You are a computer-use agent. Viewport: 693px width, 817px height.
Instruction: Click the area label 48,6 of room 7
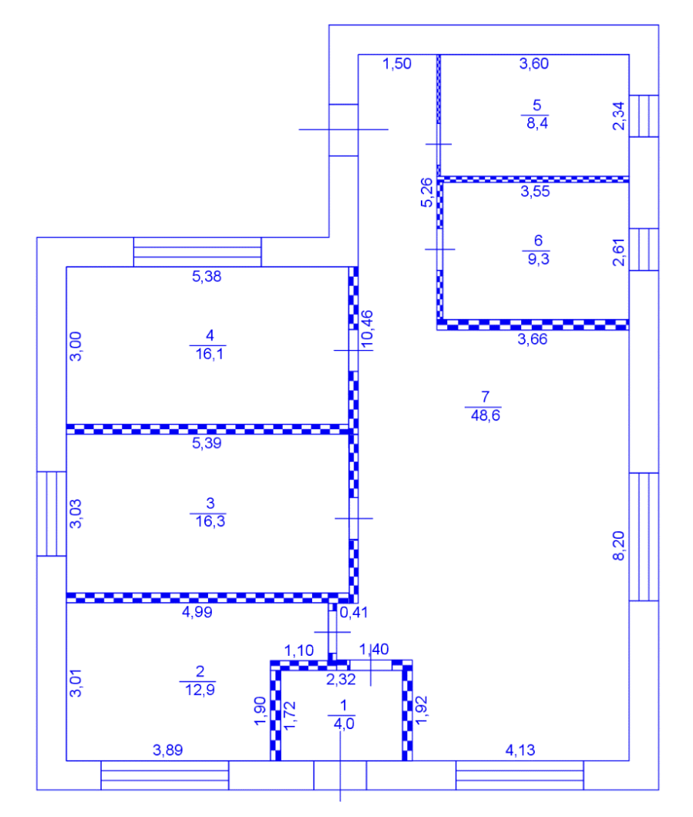pos(485,415)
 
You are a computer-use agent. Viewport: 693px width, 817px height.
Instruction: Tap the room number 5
pos(537,106)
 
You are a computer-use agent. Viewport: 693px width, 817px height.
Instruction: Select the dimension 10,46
pos(367,329)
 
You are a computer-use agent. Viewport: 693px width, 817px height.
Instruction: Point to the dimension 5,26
pos(427,193)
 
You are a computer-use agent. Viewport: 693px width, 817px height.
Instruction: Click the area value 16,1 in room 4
pos(209,355)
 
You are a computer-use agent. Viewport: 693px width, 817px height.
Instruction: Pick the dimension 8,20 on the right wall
pos(618,546)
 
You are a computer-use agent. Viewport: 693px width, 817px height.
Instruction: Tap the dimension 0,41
pos(354,612)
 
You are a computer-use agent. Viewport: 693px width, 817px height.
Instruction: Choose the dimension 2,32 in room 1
pos(341,680)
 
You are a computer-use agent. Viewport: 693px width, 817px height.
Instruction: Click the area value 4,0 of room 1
pos(344,724)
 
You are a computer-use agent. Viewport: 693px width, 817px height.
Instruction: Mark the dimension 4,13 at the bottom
pos(520,750)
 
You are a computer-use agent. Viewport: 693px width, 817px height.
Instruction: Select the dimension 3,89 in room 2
pos(168,750)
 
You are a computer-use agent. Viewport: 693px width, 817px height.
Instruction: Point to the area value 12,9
pos(200,690)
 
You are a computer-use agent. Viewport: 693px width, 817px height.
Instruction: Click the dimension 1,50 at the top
pos(396,63)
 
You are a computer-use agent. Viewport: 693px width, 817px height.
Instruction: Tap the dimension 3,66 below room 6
pos(532,339)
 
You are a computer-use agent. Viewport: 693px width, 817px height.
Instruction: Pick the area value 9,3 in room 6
pos(538,259)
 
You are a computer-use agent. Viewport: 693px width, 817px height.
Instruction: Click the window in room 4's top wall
pos(197,252)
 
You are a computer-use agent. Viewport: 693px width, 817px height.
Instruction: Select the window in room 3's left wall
pos(51,514)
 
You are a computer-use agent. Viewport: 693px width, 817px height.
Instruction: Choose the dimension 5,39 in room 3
pos(207,443)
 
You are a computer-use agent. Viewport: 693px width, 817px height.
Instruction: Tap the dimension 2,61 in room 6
pos(618,252)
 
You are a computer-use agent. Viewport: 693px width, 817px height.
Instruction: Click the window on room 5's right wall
pos(644,116)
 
